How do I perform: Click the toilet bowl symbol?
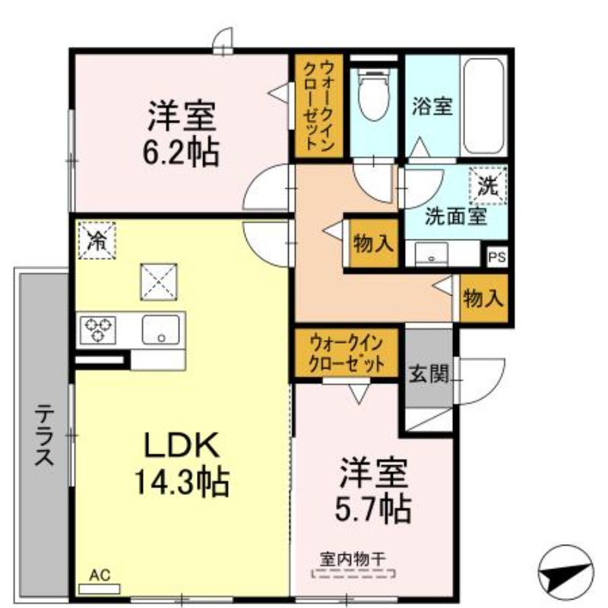[373, 95]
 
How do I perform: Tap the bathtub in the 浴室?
[483, 106]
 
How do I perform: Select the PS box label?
[497, 257]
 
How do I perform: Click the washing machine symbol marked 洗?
[488, 185]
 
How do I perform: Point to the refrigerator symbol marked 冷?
[97, 240]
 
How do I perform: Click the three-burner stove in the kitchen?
[98, 330]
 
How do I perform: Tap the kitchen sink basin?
[160, 330]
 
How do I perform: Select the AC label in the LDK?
[100, 575]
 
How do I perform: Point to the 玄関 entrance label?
[429, 374]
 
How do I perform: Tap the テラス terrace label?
[44, 434]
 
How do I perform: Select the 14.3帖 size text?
[182, 482]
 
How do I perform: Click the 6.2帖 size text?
[181, 151]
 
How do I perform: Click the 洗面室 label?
[455, 217]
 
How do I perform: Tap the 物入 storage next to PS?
[483, 299]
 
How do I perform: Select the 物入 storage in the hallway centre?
[373, 243]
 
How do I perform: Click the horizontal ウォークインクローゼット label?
[347, 353]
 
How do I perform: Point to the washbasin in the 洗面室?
[431, 254]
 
